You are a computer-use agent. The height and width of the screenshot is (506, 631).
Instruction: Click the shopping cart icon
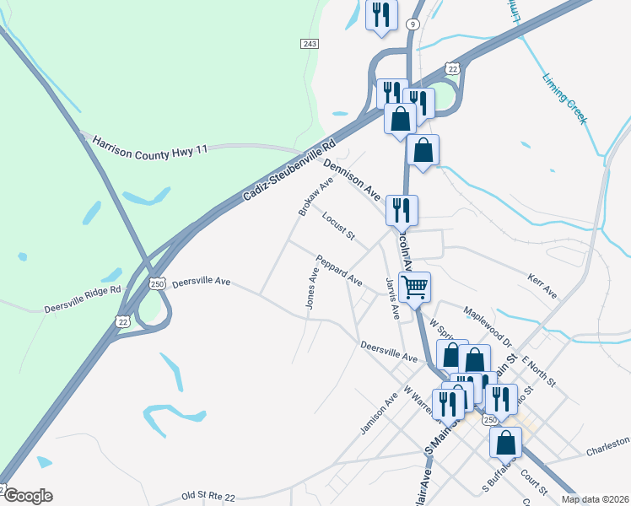coord(414,288)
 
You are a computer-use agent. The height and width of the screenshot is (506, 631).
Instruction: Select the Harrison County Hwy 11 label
coord(150,145)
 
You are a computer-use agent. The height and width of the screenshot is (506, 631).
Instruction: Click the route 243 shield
coord(309,43)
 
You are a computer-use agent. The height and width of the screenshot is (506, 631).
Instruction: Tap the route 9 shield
coord(413,24)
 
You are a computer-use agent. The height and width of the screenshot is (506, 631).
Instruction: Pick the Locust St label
coord(338,225)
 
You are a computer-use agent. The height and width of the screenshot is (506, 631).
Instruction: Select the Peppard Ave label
coord(339,269)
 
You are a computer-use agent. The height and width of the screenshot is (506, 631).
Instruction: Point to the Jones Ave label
coord(312,288)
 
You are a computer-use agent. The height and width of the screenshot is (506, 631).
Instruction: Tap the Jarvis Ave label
coord(392,298)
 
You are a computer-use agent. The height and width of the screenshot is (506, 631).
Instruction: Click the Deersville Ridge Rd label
coord(83,298)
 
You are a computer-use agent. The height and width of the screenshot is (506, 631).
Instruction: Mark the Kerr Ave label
coord(542,285)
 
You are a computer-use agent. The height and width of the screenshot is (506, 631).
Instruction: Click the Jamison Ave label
coord(378,416)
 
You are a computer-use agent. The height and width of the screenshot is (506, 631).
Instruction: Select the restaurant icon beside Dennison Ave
coord(402,210)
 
